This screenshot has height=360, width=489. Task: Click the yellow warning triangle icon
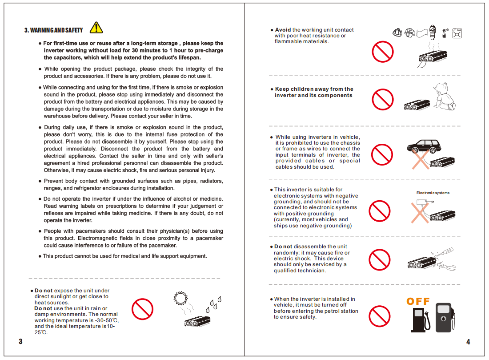point(96,28)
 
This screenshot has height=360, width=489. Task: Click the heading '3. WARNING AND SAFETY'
point(53,30)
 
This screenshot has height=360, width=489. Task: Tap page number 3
point(20,342)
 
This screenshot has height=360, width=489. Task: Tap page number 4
point(468,342)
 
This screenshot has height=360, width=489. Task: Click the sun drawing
point(180,298)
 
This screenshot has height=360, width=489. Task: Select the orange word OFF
point(418,301)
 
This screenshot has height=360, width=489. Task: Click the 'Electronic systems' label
point(433,193)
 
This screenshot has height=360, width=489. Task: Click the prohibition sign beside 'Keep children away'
point(382,99)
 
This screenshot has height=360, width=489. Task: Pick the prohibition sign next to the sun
point(142,308)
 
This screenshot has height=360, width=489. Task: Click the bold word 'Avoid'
point(283,30)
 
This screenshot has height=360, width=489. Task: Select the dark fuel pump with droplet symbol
point(444,317)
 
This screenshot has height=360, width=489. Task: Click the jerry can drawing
point(457,32)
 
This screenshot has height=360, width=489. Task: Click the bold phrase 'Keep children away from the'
point(314,89)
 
